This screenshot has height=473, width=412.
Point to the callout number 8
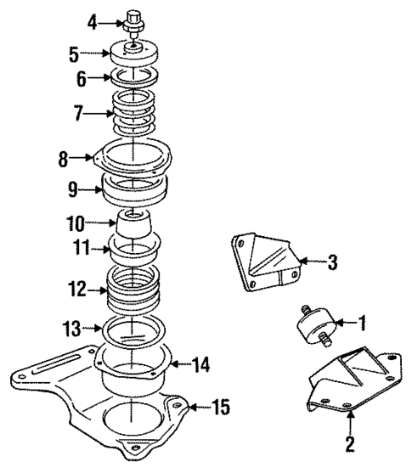point(64,158)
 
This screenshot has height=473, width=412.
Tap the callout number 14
point(200,367)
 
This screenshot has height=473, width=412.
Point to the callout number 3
point(332,263)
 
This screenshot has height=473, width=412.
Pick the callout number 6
point(82,80)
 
